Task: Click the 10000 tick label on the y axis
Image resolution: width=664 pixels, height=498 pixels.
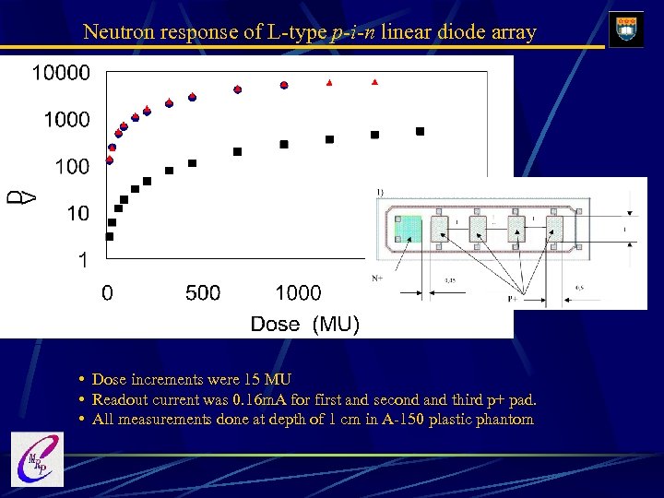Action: (x=62, y=72)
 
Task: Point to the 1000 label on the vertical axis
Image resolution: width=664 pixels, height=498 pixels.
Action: (x=67, y=120)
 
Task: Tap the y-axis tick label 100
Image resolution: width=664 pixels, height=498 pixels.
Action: (x=72, y=167)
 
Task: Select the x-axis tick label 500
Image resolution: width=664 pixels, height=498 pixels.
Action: (x=203, y=293)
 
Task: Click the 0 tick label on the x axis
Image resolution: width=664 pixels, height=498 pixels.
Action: (x=108, y=293)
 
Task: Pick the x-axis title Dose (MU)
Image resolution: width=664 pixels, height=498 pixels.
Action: (x=305, y=324)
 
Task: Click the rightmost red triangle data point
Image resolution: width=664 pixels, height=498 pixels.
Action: (x=374, y=82)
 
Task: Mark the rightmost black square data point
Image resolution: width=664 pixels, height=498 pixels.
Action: (x=420, y=131)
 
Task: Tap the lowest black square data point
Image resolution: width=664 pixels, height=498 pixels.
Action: (x=110, y=236)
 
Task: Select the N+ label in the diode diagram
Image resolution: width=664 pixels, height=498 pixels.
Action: (x=376, y=277)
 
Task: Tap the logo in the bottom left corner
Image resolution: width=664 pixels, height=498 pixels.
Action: (x=37, y=458)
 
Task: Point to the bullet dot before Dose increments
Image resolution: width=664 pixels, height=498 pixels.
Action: (x=83, y=379)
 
